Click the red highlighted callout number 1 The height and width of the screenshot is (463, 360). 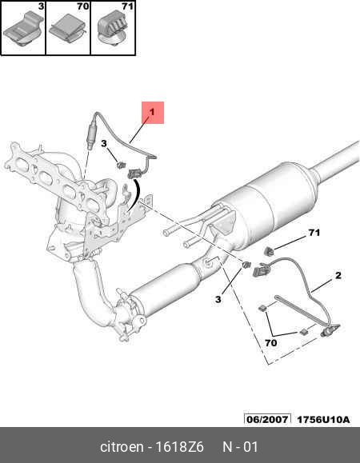[x=152, y=112]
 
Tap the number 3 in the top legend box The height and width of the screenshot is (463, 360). [x=41, y=6]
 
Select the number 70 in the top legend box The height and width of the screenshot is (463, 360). [x=82, y=6]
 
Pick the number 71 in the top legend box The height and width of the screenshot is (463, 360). [x=127, y=6]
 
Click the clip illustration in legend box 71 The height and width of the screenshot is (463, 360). [x=113, y=29]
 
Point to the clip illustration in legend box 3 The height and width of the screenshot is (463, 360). [x=24, y=30]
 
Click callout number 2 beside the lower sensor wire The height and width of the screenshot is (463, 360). [x=338, y=276]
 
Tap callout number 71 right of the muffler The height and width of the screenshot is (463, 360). [x=314, y=233]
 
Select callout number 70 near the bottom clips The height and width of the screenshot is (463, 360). [x=271, y=343]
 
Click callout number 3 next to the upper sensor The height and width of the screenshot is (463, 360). [x=104, y=143]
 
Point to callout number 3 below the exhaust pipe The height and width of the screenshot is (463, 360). [x=218, y=299]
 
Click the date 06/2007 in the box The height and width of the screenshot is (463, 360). [x=267, y=419]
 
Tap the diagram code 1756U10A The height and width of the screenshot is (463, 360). [x=323, y=419]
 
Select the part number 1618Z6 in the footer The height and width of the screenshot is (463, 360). [x=179, y=447]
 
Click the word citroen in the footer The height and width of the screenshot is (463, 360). [x=122, y=447]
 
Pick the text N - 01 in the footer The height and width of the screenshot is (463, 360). [x=240, y=447]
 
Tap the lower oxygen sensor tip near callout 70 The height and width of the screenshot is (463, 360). [x=326, y=332]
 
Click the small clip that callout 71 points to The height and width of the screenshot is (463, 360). [x=268, y=251]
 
